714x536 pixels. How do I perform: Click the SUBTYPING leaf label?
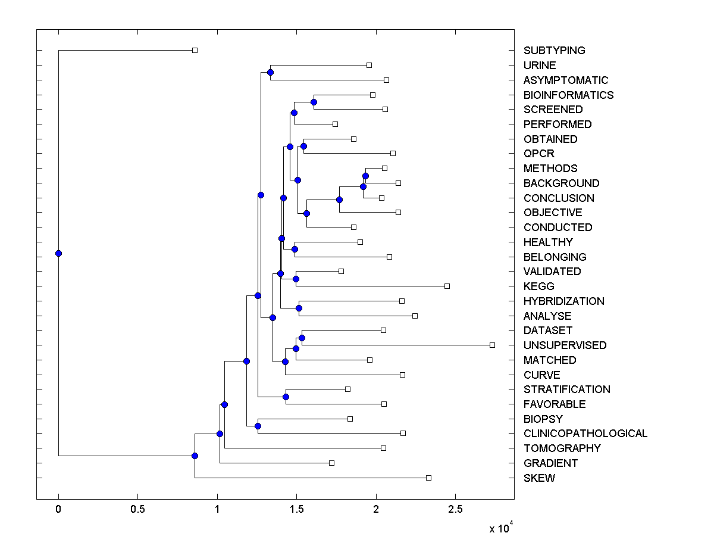(554, 51)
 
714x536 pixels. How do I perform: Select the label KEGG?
(538, 286)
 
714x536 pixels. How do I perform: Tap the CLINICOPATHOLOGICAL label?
(585, 434)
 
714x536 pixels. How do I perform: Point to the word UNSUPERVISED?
(565, 345)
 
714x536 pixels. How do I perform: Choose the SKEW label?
(539, 478)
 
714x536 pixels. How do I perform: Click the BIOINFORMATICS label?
(568, 95)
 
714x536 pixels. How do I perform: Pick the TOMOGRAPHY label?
(562, 448)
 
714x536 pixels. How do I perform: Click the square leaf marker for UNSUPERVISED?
(492, 345)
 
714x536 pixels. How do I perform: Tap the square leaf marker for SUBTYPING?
(195, 50)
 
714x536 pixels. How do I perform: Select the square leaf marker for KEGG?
(447, 286)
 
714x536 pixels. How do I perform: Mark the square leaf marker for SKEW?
(428, 478)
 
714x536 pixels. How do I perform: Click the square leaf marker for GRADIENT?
(331, 463)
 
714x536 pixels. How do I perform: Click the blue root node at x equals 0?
(58, 253)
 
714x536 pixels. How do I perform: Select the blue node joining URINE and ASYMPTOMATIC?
(270, 72)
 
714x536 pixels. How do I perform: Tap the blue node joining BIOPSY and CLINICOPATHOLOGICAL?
(258, 426)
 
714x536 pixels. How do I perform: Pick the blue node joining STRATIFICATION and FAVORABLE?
(286, 397)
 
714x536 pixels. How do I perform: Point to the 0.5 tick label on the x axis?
(137, 509)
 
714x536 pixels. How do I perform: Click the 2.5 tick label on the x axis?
(455, 509)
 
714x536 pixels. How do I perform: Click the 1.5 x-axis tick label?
(296, 509)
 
